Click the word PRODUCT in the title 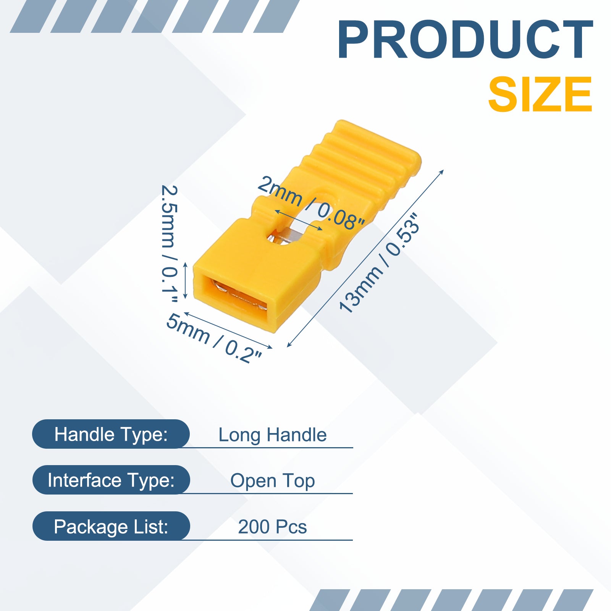[x=465, y=40]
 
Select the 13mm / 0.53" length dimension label [x=379, y=263]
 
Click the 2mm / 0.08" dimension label [x=311, y=203]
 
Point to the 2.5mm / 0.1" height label [x=169, y=244]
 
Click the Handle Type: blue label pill [x=111, y=434]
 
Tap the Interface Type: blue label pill [x=111, y=480]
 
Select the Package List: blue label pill [x=111, y=526]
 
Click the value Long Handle [x=272, y=435]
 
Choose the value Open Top [x=272, y=481]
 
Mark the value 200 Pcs [x=272, y=527]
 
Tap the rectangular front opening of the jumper [x=239, y=294]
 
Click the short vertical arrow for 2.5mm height [x=186, y=280]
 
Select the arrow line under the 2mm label [x=298, y=220]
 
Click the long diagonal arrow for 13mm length [x=365, y=258]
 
